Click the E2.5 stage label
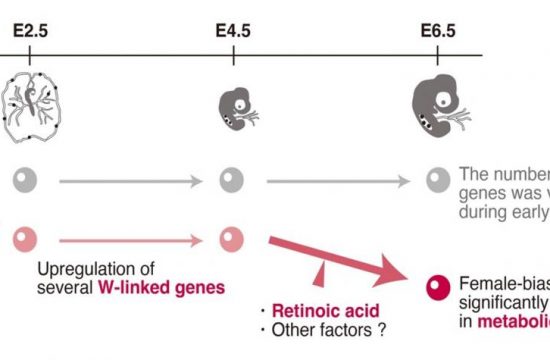click(29, 31)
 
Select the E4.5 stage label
click(233, 31)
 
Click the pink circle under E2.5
click(27, 240)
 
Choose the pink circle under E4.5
click(232, 240)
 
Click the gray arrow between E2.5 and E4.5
click(130, 181)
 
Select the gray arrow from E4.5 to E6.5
click(335, 181)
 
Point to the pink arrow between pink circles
click(130, 241)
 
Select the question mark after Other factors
click(382, 329)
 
